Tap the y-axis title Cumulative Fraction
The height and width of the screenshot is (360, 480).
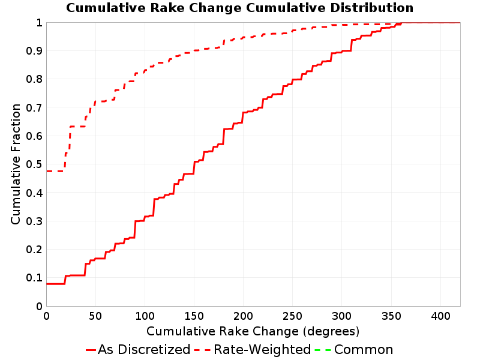pos(16,164)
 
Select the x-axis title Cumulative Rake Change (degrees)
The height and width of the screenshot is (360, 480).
pos(253,331)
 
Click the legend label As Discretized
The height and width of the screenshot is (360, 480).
pos(144,350)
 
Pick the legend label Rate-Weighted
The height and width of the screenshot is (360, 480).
pos(262,350)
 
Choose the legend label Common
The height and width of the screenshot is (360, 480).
pos(364,350)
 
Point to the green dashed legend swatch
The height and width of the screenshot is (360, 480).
pos(323,350)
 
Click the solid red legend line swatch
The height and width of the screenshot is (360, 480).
pos(91,350)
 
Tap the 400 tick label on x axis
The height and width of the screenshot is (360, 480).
pos(440,316)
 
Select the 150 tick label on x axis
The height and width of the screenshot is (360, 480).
pos(194,316)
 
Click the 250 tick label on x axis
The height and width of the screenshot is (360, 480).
pos(292,316)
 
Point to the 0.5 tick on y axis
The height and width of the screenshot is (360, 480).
pos(34,164)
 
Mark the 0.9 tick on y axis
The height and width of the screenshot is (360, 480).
pos(34,50)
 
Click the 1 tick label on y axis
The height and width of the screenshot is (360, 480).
pos(39,22)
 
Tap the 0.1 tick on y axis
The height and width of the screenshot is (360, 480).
pos(34,278)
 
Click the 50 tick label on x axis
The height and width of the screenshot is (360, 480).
pos(95,316)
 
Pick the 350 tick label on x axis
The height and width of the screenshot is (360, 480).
pos(391,316)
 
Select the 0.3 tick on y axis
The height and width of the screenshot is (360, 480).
pos(34,221)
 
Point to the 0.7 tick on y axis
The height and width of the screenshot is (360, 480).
pos(34,107)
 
